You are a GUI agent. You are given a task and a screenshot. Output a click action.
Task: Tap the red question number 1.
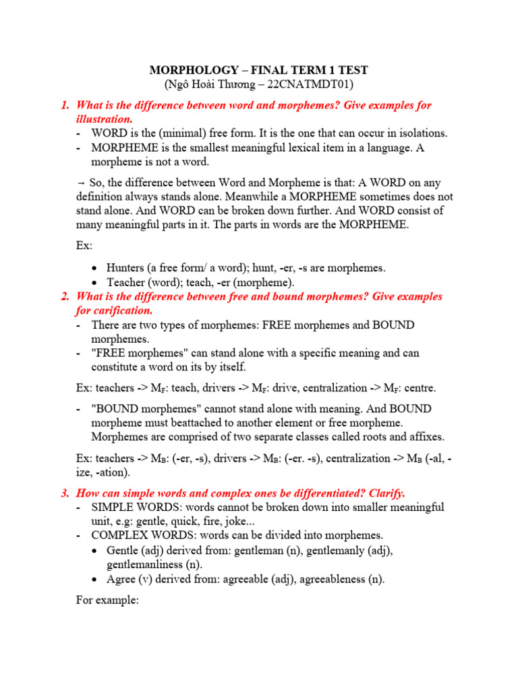65,105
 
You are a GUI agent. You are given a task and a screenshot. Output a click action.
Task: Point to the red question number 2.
65,296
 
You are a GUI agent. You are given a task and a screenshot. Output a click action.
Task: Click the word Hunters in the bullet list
128,268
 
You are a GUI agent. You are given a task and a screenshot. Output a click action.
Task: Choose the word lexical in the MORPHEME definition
293,147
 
